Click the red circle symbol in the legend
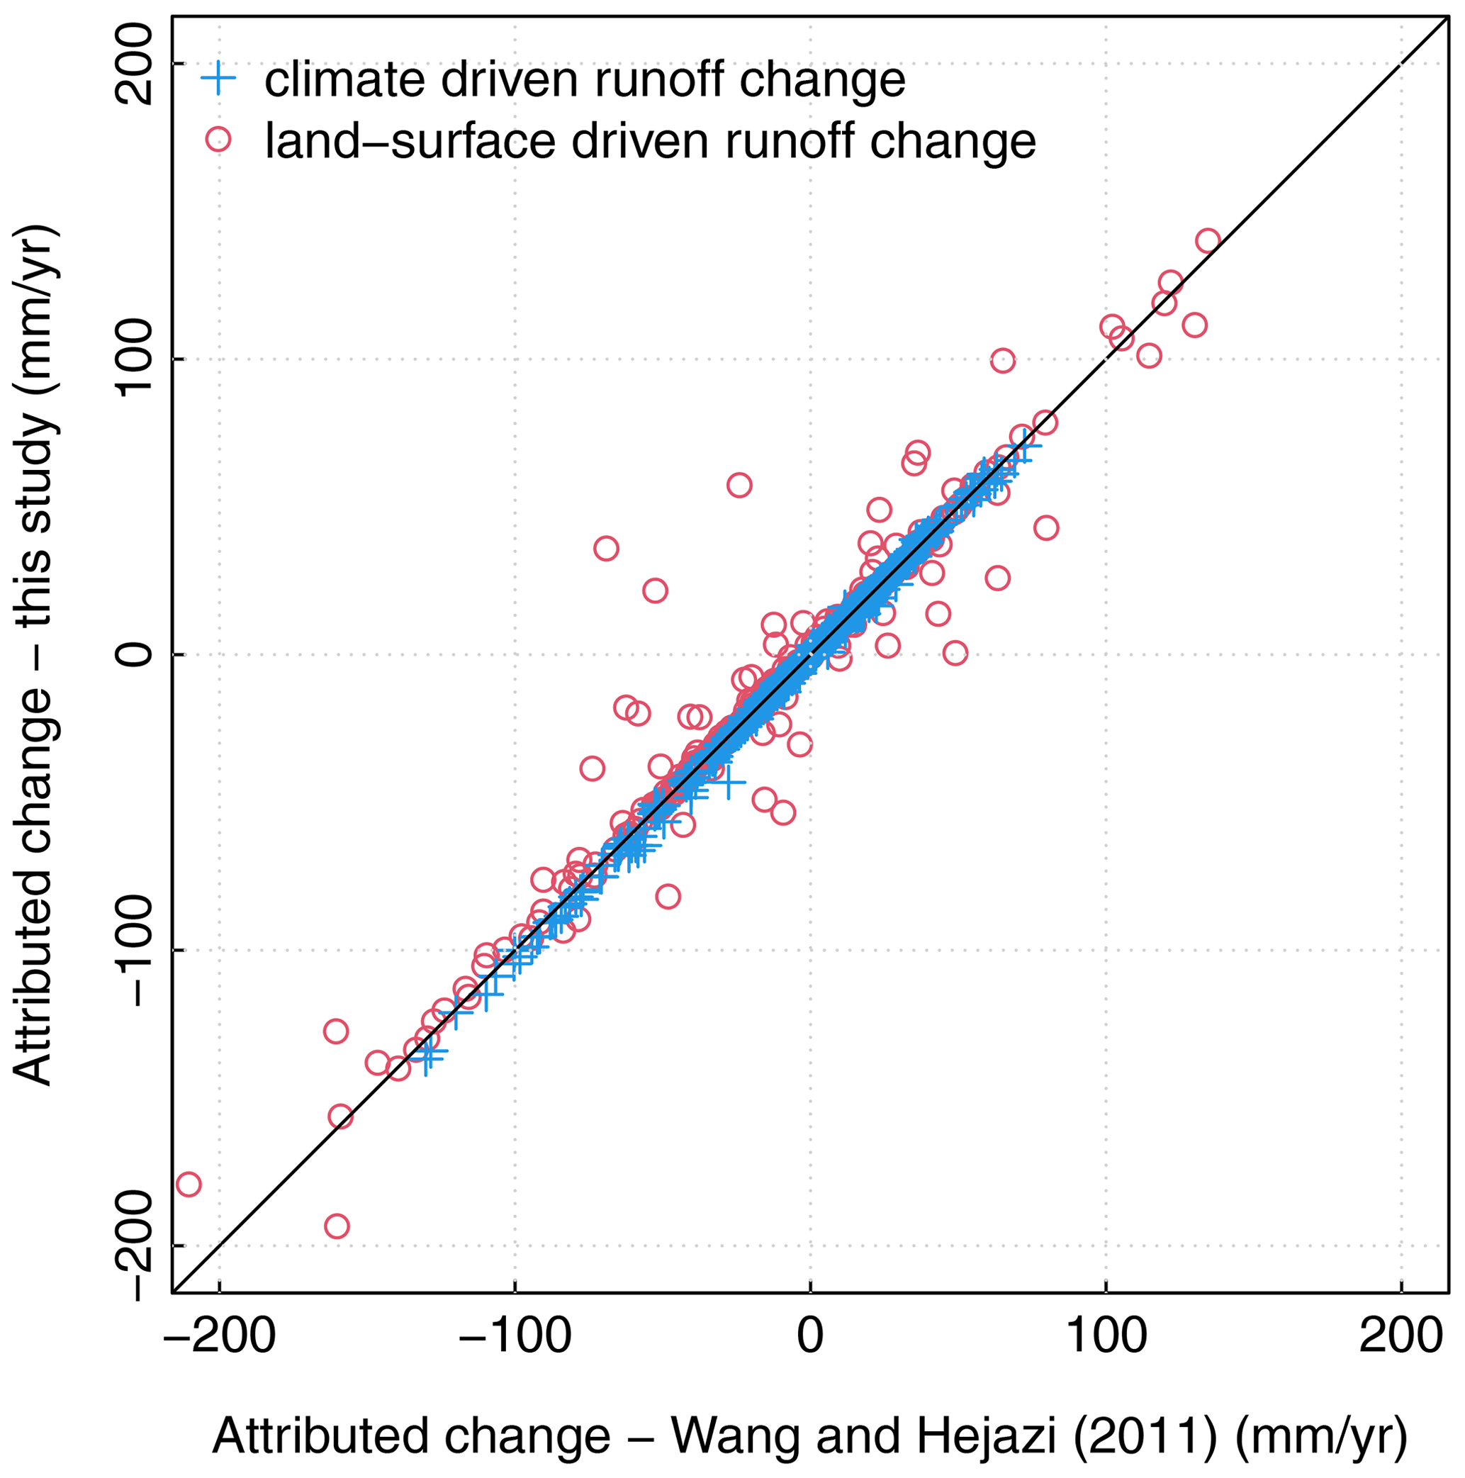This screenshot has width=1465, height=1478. click(219, 139)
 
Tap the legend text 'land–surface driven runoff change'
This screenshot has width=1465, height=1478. click(650, 141)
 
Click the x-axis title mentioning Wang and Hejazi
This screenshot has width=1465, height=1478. click(809, 1436)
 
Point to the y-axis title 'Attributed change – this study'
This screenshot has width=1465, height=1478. click(35, 655)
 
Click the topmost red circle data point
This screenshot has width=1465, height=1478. click(1207, 241)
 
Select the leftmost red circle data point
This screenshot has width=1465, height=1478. click(189, 1185)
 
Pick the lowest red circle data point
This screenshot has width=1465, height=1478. click(337, 1227)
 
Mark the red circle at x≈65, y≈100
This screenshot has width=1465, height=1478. click(1002, 360)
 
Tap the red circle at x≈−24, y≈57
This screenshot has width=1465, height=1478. click(739, 485)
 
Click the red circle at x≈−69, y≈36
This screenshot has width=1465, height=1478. click(606, 549)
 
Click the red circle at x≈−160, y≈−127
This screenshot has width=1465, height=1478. click(336, 1031)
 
